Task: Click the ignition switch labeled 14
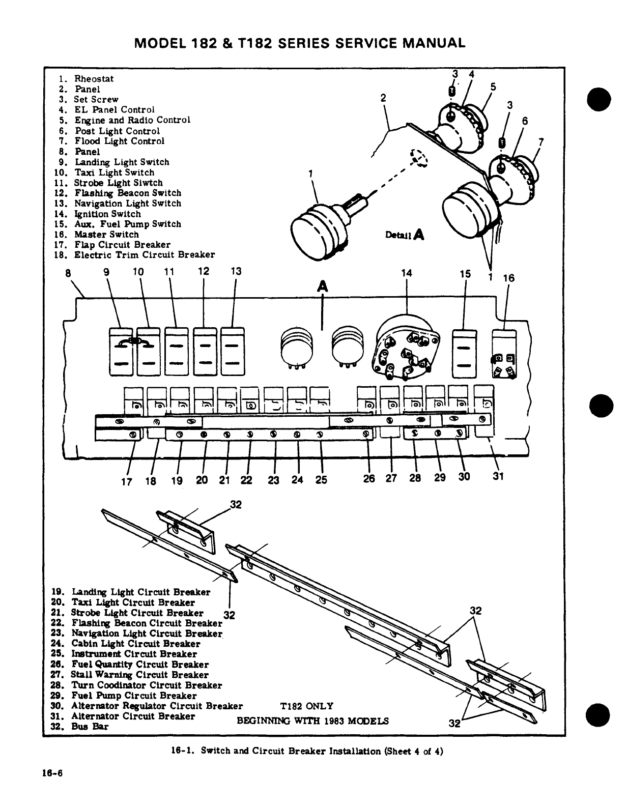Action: (406, 350)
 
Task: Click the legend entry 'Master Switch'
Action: (106, 235)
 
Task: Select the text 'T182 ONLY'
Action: (307, 706)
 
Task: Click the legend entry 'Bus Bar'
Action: (90, 727)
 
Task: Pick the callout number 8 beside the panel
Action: (68, 272)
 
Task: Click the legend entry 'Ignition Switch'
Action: (107, 214)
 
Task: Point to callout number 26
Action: (369, 478)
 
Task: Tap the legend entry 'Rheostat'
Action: (94, 79)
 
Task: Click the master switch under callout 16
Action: (504, 354)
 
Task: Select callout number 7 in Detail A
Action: (541, 142)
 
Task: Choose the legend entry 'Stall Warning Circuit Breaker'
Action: (139, 675)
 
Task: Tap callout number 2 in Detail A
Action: (384, 98)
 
